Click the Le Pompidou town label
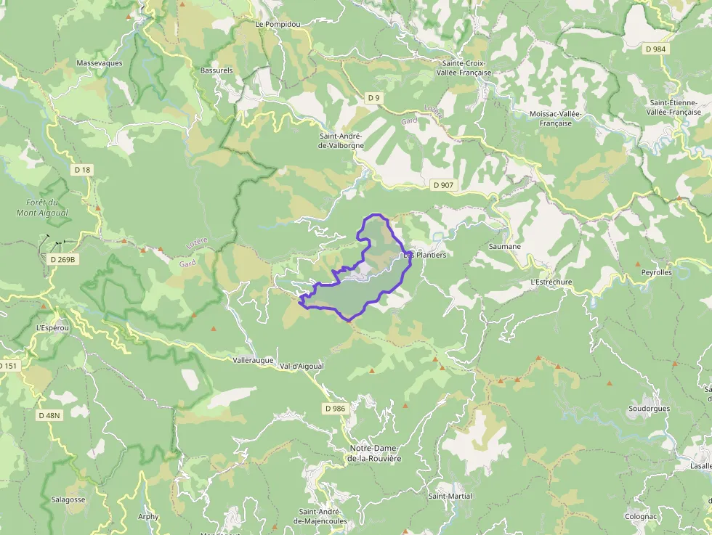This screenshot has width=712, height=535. pos(278,24)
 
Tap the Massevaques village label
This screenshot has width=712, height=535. pos(100,63)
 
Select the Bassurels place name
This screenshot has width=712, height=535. pos(217,70)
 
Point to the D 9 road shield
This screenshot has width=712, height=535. pos(373,98)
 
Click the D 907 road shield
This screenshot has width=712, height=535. pos(443,185)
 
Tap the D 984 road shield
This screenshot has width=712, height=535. pos(655,49)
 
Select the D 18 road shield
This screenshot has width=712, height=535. pos(83,170)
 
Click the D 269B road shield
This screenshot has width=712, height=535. pos(62,259)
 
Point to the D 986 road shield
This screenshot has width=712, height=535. pos(335,409)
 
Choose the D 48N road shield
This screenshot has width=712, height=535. pos(49,415)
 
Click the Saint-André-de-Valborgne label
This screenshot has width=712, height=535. pos(341,141)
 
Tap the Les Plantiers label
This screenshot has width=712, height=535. pos(425,256)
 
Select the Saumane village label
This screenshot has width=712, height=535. pos(505,247)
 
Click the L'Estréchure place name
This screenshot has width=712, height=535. pos(551,282)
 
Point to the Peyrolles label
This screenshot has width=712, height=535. pos(657,273)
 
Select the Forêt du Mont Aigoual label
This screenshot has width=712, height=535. pos(42,208)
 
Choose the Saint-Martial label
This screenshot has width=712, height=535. pos(450,497)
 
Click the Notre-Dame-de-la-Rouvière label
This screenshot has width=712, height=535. pos(375,454)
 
